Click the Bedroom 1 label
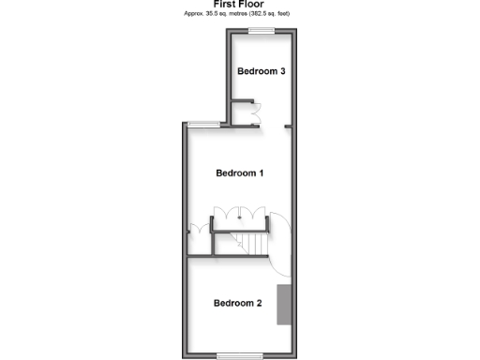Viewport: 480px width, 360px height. click(240, 173)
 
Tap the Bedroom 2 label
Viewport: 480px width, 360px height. click(237, 303)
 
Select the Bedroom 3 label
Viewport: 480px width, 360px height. click(261, 71)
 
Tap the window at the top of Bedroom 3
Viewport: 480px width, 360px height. click(261, 32)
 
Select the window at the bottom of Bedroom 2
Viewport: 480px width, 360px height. click(237, 354)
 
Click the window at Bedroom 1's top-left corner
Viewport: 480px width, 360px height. click(203, 124)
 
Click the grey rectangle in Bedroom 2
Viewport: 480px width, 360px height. click(285, 303)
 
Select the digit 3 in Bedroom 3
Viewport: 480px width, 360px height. click(282, 71)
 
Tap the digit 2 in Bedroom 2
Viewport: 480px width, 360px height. click(259, 303)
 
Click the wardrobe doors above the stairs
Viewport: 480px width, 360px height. click(241, 212)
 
